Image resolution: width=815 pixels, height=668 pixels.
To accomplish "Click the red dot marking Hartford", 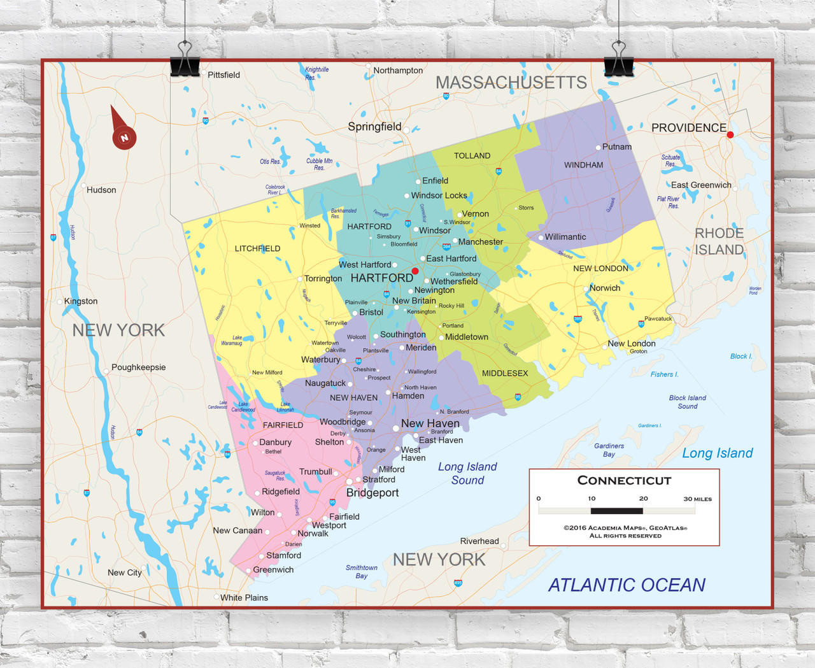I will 415,271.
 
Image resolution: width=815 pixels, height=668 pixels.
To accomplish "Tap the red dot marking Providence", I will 730,134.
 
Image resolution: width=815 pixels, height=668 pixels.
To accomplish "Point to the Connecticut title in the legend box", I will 624,481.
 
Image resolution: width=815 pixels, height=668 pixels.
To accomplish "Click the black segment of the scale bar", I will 616,511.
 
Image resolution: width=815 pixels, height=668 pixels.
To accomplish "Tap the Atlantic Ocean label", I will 627,585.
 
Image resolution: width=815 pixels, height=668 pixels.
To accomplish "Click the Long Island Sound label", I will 467,473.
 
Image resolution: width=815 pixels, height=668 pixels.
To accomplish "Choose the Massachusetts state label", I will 511,82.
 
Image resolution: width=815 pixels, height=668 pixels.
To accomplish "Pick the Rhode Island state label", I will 719,241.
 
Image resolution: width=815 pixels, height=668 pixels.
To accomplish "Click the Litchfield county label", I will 257,248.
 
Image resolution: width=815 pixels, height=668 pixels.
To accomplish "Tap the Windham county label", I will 583,165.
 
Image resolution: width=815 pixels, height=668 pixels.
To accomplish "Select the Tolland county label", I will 472,155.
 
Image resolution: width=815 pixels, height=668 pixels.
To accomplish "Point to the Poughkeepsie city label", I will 138,367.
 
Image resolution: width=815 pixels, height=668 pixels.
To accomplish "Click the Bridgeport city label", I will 372,493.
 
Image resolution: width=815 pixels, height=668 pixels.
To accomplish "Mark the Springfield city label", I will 374,126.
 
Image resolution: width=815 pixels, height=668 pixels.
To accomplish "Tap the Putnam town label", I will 616,146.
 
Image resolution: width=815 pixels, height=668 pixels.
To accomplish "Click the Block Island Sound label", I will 687,402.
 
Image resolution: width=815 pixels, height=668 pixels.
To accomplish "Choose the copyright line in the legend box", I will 625,528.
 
